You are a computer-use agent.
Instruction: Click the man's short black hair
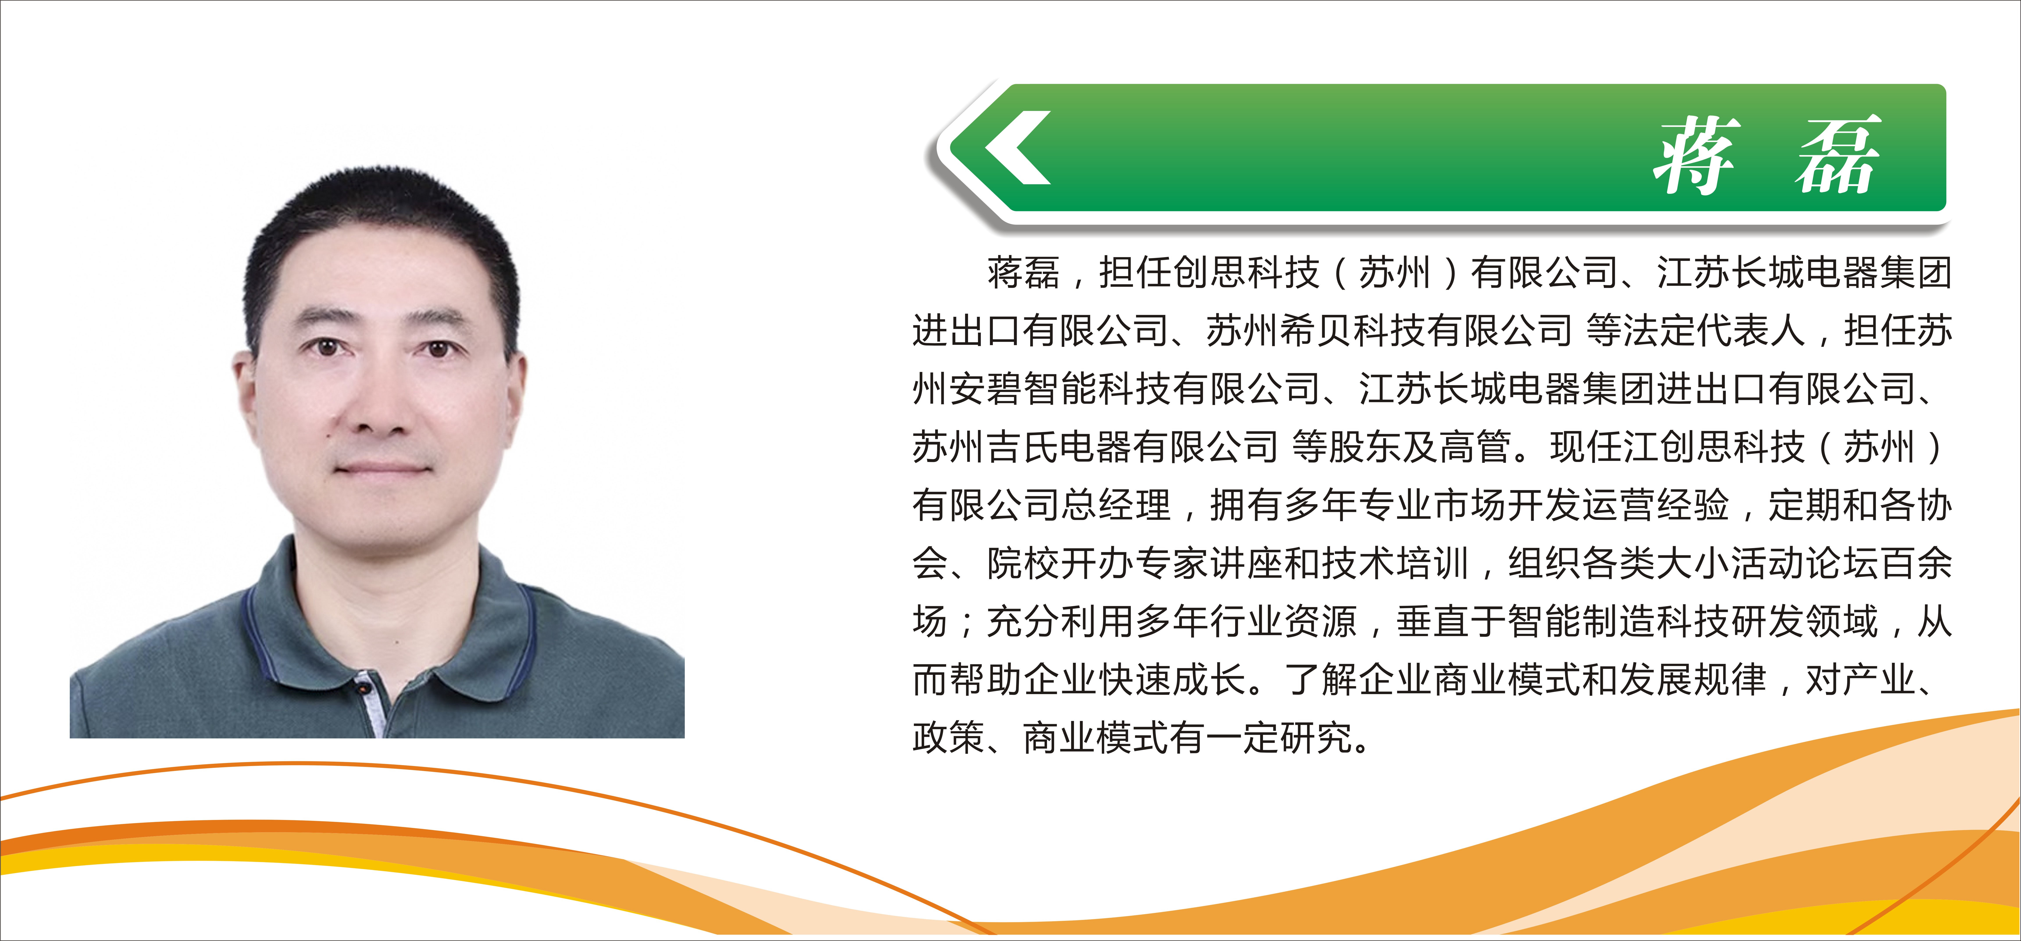coord(383,235)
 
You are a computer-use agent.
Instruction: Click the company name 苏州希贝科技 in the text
coord(1316,330)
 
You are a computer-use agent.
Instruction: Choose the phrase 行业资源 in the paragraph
coord(1283,621)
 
